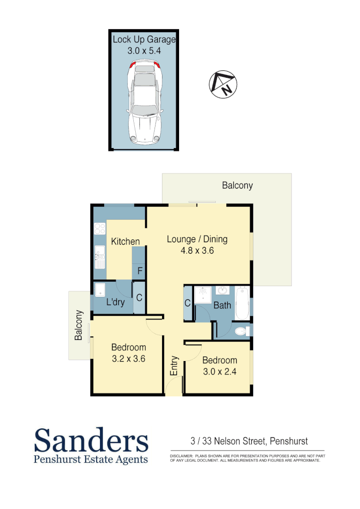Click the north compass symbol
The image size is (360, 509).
pyautogui.click(x=223, y=84)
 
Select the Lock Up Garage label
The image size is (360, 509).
pyautogui.click(x=144, y=40)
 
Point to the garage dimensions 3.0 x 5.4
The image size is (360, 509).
pyautogui.click(x=144, y=51)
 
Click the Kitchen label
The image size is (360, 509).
pyautogui.click(x=125, y=242)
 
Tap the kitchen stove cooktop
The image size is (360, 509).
pyautogui.click(x=99, y=229)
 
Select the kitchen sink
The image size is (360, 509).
pyautogui.click(x=99, y=257)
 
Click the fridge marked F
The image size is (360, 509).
pyautogui.click(x=139, y=271)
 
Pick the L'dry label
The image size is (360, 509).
pyautogui.click(x=115, y=302)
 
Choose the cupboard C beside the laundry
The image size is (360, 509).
pyautogui.click(x=139, y=298)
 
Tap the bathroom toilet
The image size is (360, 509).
pyautogui.click(x=242, y=331)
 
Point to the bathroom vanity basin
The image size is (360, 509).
pyautogui.click(x=222, y=290)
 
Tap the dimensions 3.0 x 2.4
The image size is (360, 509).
pyautogui.click(x=219, y=371)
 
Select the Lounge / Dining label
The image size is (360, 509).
pyautogui.click(x=197, y=239)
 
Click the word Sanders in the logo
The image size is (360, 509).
pyautogui.click(x=91, y=440)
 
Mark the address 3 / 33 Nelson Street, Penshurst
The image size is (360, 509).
pyautogui.click(x=249, y=442)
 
